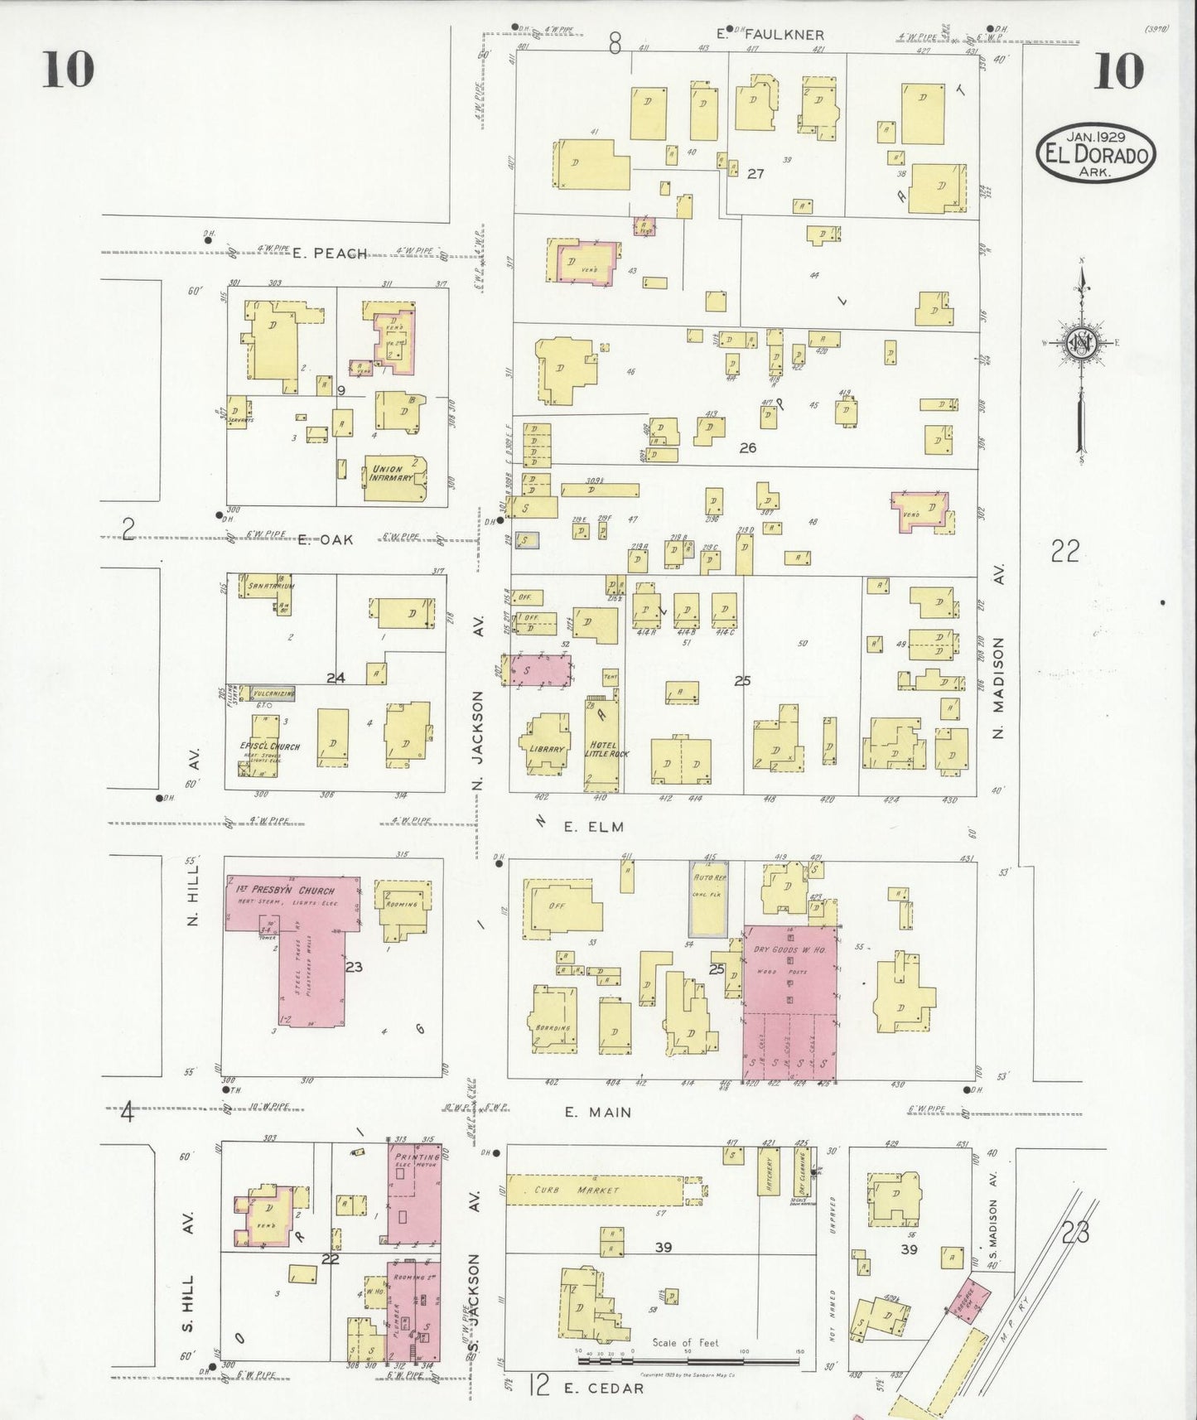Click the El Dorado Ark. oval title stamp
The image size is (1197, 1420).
coord(1095,154)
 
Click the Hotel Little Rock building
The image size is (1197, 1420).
coord(602,749)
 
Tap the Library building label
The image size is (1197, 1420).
coord(545,749)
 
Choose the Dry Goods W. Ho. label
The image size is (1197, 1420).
coord(789,949)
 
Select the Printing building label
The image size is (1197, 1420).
coord(416,1157)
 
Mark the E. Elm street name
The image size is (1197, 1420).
coord(593,827)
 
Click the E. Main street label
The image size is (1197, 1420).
coord(598,1113)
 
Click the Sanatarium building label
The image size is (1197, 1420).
coord(267,586)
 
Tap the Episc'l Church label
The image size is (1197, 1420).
coord(269,746)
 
